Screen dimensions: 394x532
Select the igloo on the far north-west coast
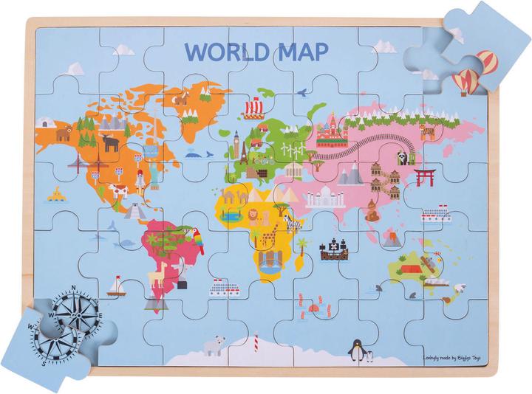click(46, 121)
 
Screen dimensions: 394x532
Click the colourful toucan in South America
click(198, 241)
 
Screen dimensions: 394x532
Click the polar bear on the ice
click(214, 345)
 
